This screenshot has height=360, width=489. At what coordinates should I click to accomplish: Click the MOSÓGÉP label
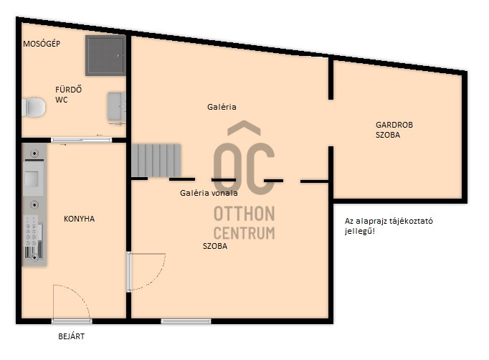click(x=42, y=44)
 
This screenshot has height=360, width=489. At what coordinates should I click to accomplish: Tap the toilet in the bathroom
click(x=34, y=108)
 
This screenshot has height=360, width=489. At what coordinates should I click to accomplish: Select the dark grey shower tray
click(x=105, y=55)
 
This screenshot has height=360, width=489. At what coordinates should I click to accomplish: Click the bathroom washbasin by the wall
click(x=117, y=107)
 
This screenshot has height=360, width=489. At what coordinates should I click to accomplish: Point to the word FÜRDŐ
click(x=69, y=90)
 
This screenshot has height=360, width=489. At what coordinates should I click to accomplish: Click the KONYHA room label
click(x=79, y=219)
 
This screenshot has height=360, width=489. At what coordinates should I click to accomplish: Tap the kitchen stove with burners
click(x=33, y=237)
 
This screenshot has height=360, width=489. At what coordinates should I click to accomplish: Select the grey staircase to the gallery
click(x=156, y=161)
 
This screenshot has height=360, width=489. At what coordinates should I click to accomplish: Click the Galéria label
click(x=222, y=107)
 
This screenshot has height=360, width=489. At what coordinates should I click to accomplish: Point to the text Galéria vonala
click(x=209, y=193)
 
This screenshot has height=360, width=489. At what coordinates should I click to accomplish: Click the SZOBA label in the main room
click(x=215, y=246)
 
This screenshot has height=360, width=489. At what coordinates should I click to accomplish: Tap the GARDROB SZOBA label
click(x=394, y=130)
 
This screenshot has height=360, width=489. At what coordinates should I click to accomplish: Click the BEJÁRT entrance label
click(x=72, y=336)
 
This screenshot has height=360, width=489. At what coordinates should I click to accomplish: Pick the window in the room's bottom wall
click(x=186, y=321)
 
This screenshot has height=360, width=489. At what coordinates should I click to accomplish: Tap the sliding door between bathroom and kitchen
click(x=82, y=140)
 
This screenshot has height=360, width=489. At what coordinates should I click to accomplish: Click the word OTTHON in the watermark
click(x=244, y=214)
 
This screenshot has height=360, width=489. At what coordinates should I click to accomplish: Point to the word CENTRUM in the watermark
click(x=244, y=233)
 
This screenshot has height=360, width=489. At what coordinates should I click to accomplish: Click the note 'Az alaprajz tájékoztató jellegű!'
click(x=389, y=226)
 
